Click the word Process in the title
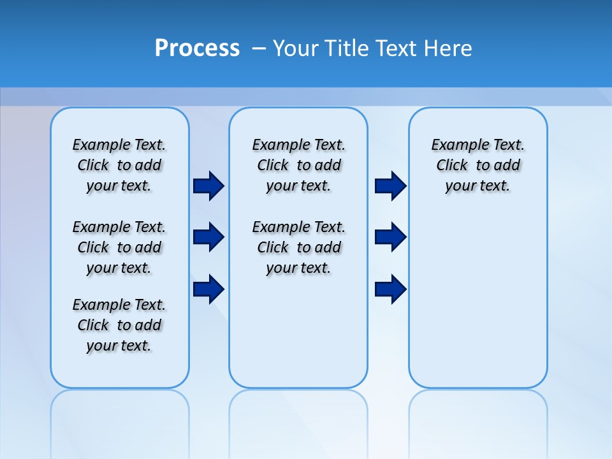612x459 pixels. [197, 48]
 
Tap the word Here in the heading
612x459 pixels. [448, 48]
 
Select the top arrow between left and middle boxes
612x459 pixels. [208, 186]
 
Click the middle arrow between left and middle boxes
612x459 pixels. [208, 237]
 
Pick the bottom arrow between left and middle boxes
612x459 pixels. [208, 289]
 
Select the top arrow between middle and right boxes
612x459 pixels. [390, 186]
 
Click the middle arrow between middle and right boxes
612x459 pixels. [390, 237]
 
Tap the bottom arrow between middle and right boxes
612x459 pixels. [390, 289]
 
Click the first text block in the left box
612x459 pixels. [119, 165]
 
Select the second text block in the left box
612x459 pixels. [119, 247]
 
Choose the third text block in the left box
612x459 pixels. [119, 325]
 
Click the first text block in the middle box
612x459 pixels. [298, 165]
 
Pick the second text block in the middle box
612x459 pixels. [298, 247]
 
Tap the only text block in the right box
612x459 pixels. [477, 165]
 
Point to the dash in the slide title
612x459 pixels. [259, 48]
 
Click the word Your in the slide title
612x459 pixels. [296, 48]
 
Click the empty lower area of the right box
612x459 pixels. [477, 306]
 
